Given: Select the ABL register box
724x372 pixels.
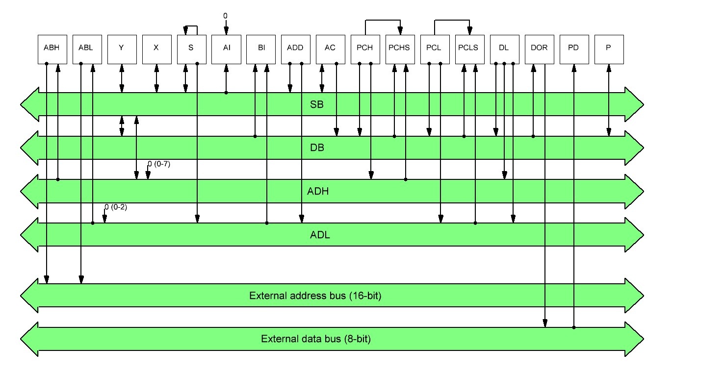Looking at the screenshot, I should tap(87, 49).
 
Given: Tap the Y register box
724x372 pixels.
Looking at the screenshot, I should tap(122, 49).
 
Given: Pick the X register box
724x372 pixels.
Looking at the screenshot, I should tap(156, 49).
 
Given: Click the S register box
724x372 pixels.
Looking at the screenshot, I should tap(191, 49).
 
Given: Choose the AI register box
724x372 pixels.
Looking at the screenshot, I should tap(226, 49).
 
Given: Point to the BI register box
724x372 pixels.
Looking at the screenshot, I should tap(261, 49).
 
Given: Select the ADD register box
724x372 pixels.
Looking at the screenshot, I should tap(296, 49).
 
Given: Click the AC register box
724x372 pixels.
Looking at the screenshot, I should tap(331, 49).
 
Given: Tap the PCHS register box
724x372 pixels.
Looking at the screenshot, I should tap(400, 49).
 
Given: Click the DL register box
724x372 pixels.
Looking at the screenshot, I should tap(504, 49).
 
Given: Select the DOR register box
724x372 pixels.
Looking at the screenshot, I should tap(539, 49).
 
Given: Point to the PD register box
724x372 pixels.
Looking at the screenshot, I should tap(574, 49).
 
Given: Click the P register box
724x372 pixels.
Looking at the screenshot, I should tap(609, 49).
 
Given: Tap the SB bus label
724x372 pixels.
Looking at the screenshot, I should tap(317, 104).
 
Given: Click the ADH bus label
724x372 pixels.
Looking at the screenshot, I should tap(318, 191).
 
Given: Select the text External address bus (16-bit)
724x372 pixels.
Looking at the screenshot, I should tap(316, 296).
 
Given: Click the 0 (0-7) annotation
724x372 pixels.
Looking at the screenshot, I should tap(159, 164).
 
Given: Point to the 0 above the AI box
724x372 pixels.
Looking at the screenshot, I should tap(226, 16).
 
